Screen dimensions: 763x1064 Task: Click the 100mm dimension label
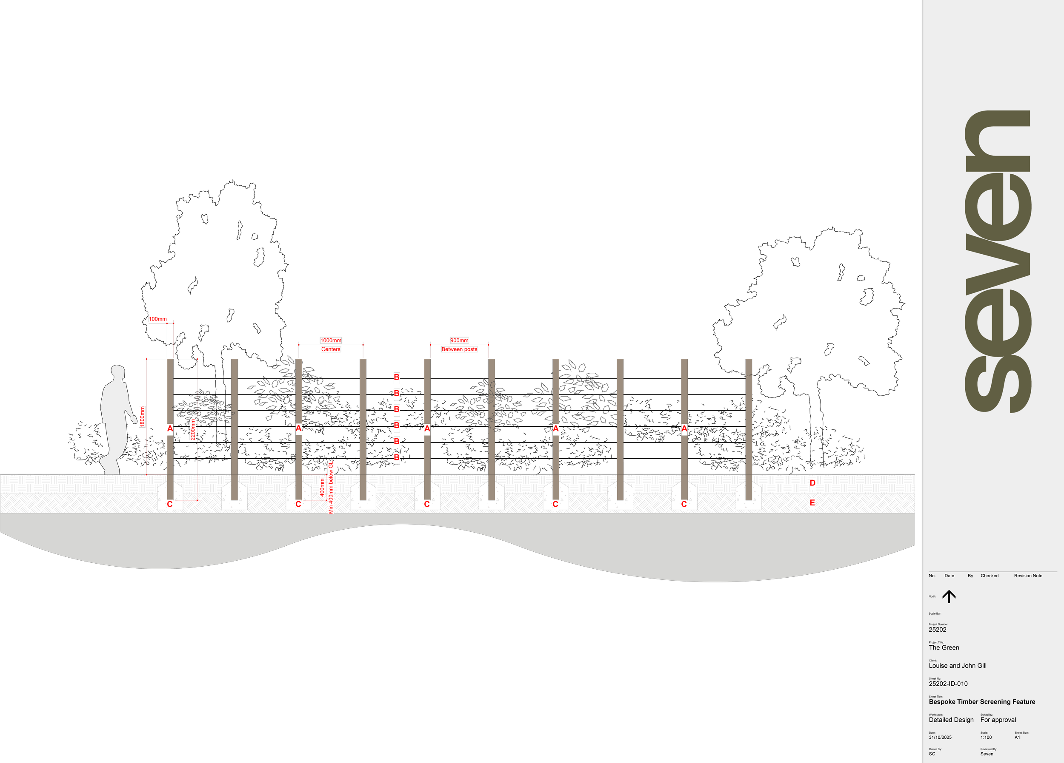157,319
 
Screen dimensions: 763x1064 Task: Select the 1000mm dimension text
331,340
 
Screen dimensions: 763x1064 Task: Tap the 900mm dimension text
459,340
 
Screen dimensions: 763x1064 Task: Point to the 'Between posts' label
459,349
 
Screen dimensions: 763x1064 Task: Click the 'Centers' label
331,349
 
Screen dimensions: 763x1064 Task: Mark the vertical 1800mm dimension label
142,417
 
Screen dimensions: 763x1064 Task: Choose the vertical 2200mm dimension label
193,429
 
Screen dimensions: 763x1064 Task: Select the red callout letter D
812,483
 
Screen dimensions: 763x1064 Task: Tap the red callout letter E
812,502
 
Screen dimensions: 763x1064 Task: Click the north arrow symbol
949,596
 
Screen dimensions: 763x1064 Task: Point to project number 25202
937,630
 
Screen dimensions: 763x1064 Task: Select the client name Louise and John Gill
958,666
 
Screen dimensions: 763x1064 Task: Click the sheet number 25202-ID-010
948,684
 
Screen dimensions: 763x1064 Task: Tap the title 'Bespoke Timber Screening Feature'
982,702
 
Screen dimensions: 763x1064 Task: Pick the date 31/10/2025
940,737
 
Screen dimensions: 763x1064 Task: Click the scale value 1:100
986,737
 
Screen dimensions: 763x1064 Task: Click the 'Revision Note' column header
1028,576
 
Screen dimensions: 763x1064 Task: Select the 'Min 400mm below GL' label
331,488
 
